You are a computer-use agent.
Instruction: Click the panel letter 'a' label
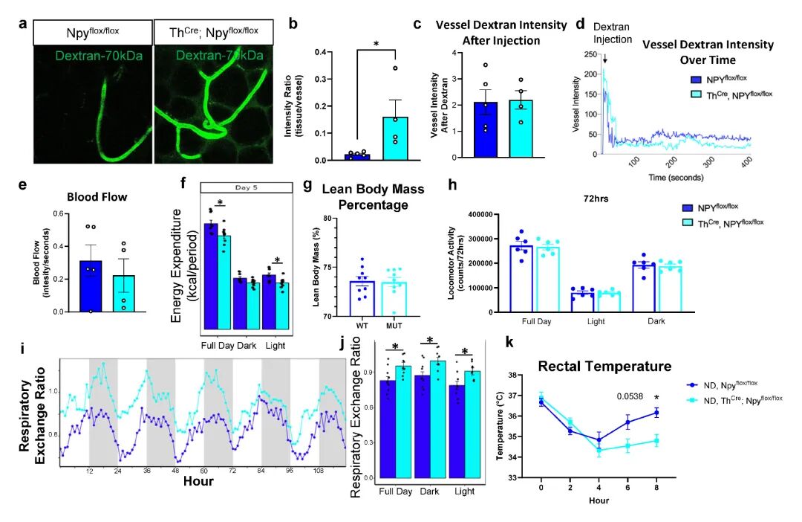click(x=23, y=23)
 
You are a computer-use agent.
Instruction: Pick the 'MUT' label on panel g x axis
click(x=394, y=325)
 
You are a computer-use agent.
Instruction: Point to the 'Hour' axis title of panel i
click(x=198, y=481)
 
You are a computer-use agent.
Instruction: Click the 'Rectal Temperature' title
click(x=605, y=366)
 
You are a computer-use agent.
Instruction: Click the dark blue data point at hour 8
click(x=656, y=412)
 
